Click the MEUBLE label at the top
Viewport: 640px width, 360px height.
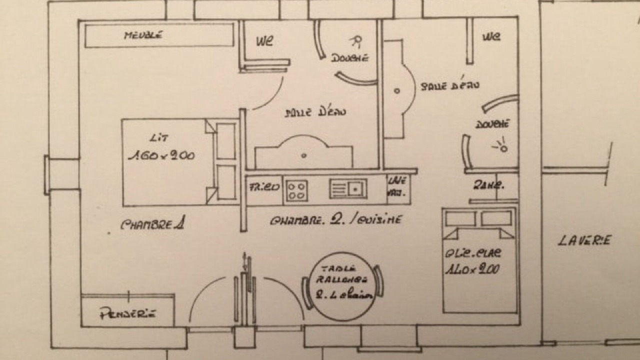[x=144, y=35]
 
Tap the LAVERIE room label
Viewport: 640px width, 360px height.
[x=584, y=240]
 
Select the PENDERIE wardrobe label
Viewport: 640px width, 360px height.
[x=128, y=314]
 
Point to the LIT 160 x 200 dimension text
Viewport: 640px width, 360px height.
[x=161, y=155]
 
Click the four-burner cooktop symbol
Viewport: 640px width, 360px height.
[x=296, y=190]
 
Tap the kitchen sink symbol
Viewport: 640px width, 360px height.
[x=348, y=188]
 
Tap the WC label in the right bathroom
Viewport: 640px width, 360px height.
[x=492, y=36]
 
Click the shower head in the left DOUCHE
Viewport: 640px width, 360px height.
[x=357, y=41]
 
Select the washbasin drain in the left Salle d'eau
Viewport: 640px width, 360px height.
[x=304, y=155]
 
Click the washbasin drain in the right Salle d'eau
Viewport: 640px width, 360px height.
[x=397, y=91]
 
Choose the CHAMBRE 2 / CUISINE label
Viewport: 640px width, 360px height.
[x=335, y=220]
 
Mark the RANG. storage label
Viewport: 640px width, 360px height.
[x=488, y=185]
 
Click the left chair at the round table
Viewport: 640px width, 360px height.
[x=306, y=293]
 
